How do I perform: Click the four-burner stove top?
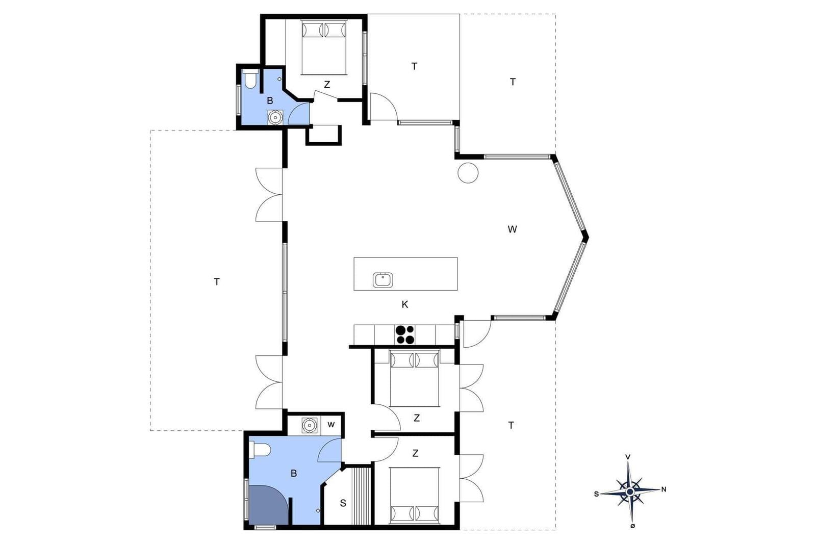pos(405,334)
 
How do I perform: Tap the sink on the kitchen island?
pos(383,280)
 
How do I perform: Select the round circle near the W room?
pos(468,173)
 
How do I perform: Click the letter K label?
pos(405,304)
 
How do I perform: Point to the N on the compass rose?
pos(664,489)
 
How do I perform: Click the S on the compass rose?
pos(596,494)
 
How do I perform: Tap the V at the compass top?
pos(628,457)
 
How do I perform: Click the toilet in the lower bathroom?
pos(260,450)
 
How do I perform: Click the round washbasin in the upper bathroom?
pos(275,117)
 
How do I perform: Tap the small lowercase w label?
pos(331,425)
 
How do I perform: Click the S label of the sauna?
pos(343,503)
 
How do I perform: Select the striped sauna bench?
pos(361,496)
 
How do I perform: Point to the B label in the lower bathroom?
pos(294,473)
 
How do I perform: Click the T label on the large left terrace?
pos(217,281)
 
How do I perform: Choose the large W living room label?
pos(512,229)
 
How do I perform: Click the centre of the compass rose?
pos(630,492)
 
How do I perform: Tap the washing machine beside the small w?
pos(310,425)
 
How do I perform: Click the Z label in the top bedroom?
pos(327,85)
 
